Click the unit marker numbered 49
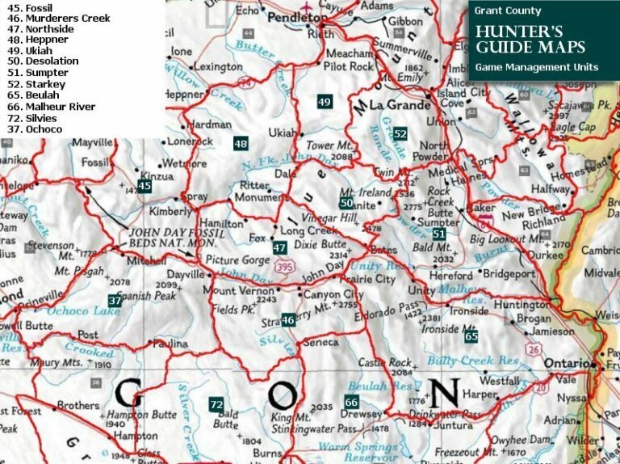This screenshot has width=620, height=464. pyautogui.click(x=325, y=102)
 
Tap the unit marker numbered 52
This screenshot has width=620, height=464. pyautogui.click(x=400, y=133)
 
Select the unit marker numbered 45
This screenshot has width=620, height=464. pyautogui.click(x=145, y=186)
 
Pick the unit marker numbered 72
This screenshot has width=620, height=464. pyautogui.click(x=216, y=404)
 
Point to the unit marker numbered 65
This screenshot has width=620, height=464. pyautogui.click(x=471, y=335)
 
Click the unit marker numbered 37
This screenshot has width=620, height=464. pyautogui.click(x=115, y=301)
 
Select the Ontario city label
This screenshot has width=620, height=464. pyautogui.click(x=568, y=364)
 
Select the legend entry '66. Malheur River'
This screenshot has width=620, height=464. pyautogui.click(x=48, y=107)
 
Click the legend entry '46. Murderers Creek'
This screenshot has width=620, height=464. pyautogui.click(x=56, y=18)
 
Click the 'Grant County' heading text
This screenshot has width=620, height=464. pyautogui.click(x=508, y=11)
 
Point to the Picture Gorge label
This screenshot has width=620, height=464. pyautogui.click(x=236, y=260)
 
